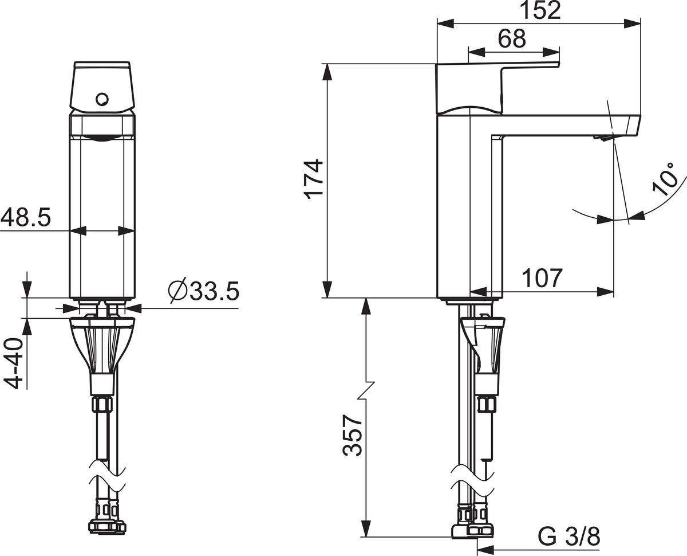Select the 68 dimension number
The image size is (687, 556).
512,39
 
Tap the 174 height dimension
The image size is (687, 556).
314,179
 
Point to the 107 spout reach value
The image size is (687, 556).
542,278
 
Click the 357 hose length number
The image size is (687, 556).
352,436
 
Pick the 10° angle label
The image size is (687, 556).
665,179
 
